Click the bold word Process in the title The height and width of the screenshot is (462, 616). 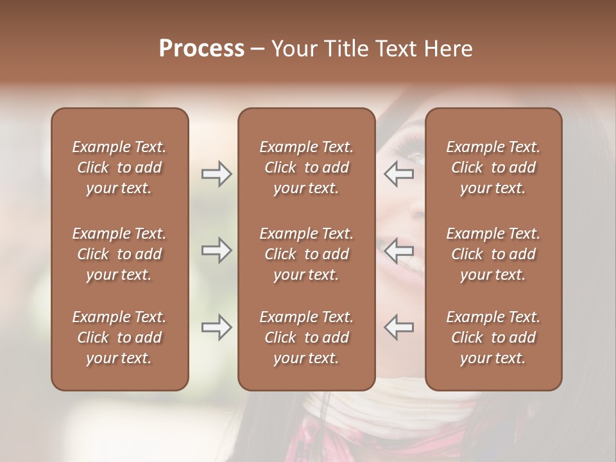[x=201, y=49]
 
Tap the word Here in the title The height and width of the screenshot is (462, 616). [x=449, y=49]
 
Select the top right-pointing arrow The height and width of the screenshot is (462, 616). [x=216, y=174]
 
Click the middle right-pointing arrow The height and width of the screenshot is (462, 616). [x=216, y=250]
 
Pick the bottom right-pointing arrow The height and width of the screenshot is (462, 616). [x=216, y=328]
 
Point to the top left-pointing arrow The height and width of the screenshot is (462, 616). [x=398, y=174]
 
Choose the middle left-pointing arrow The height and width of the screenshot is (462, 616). [x=398, y=250]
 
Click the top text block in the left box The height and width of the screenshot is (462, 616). [x=119, y=167]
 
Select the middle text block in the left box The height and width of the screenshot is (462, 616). [x=119, y=254]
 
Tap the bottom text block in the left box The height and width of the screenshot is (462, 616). [x=119, y=338]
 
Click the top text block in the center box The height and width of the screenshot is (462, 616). [x=306, y=167]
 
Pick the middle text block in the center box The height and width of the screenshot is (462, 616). [x=306, y=254]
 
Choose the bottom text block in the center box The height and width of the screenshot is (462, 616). [x=306, y=338]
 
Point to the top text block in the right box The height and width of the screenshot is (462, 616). [x=493, y=167]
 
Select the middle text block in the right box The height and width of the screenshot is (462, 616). [x=493, y=254]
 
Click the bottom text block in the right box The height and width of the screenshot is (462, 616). [x=493, y=338]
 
